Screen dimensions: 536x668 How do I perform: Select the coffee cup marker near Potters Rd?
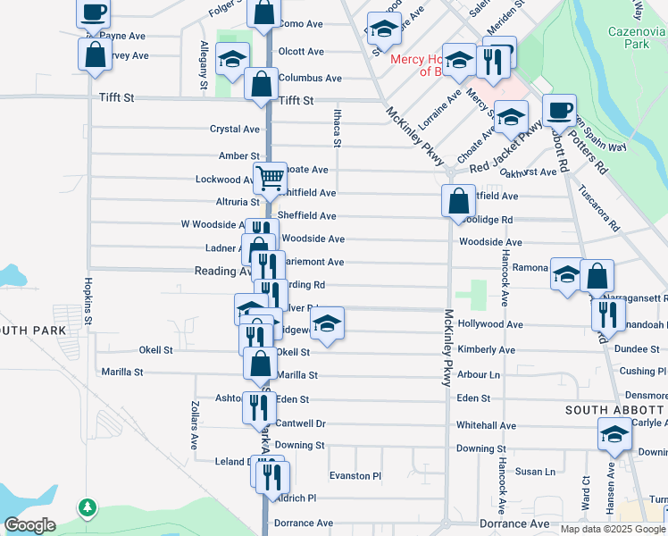(x=559, y=110)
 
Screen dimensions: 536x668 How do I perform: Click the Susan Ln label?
(x=535, y=471)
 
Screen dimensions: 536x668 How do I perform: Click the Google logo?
(x=30, y=525)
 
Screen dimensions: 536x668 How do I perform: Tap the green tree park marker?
(x=87, y=508)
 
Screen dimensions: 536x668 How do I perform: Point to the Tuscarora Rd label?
(x=598, y=208)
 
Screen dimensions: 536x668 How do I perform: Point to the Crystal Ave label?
(x=234, y=129)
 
